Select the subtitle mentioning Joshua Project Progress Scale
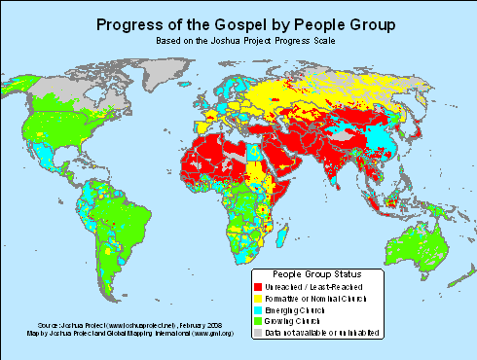pos(238,44)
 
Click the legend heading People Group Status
pos(319,273)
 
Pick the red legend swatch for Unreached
pos(257,287)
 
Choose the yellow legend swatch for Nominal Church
pos(257,298)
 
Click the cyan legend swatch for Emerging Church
pos(257,309)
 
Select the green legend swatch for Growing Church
pos(257,320)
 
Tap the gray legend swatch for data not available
pos(257,332)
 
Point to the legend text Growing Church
pos(296,320)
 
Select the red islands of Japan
pos(415,132)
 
